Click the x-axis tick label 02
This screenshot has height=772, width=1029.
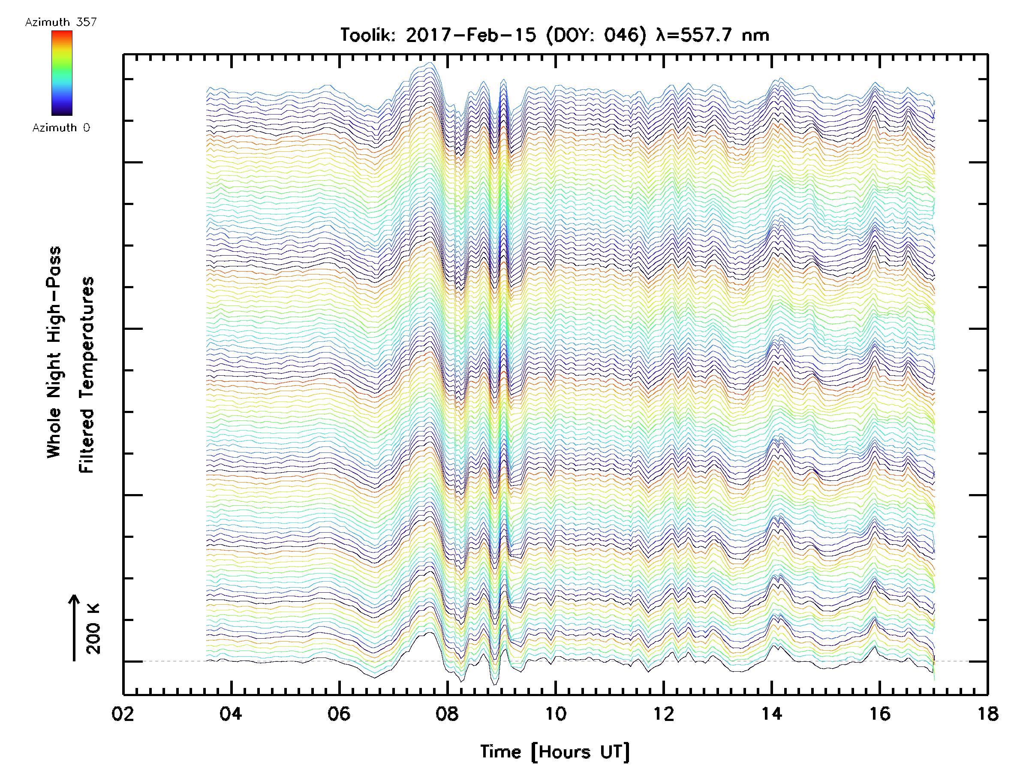[x=123, y=714]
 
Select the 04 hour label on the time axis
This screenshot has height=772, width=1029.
[x=231, y=714]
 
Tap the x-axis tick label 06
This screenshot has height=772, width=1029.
[x=339, y=714]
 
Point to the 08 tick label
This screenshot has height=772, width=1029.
[x=447, y=714]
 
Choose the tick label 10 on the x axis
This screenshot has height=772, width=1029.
[x=555, y=714]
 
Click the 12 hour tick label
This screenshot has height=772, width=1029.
[x=663, y=714]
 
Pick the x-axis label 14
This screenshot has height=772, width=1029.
[x=771, y=714]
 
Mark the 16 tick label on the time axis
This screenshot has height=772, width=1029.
[x=880, y=714]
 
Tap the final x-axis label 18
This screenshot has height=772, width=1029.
[x=987, y=714]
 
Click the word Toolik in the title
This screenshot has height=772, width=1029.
[x=367, y=35]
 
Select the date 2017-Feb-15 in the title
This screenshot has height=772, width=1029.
[x=471, y=35]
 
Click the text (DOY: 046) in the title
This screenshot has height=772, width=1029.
[x=596, y=35]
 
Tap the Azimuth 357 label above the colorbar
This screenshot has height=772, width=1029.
[x=61, y=22]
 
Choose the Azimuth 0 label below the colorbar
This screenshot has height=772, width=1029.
[x=61, y=127]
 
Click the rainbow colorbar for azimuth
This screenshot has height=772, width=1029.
[x=62, y=73]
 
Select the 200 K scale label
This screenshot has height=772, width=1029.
[x=93, y=629]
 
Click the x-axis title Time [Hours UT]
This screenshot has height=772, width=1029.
[x=555, y=751]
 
